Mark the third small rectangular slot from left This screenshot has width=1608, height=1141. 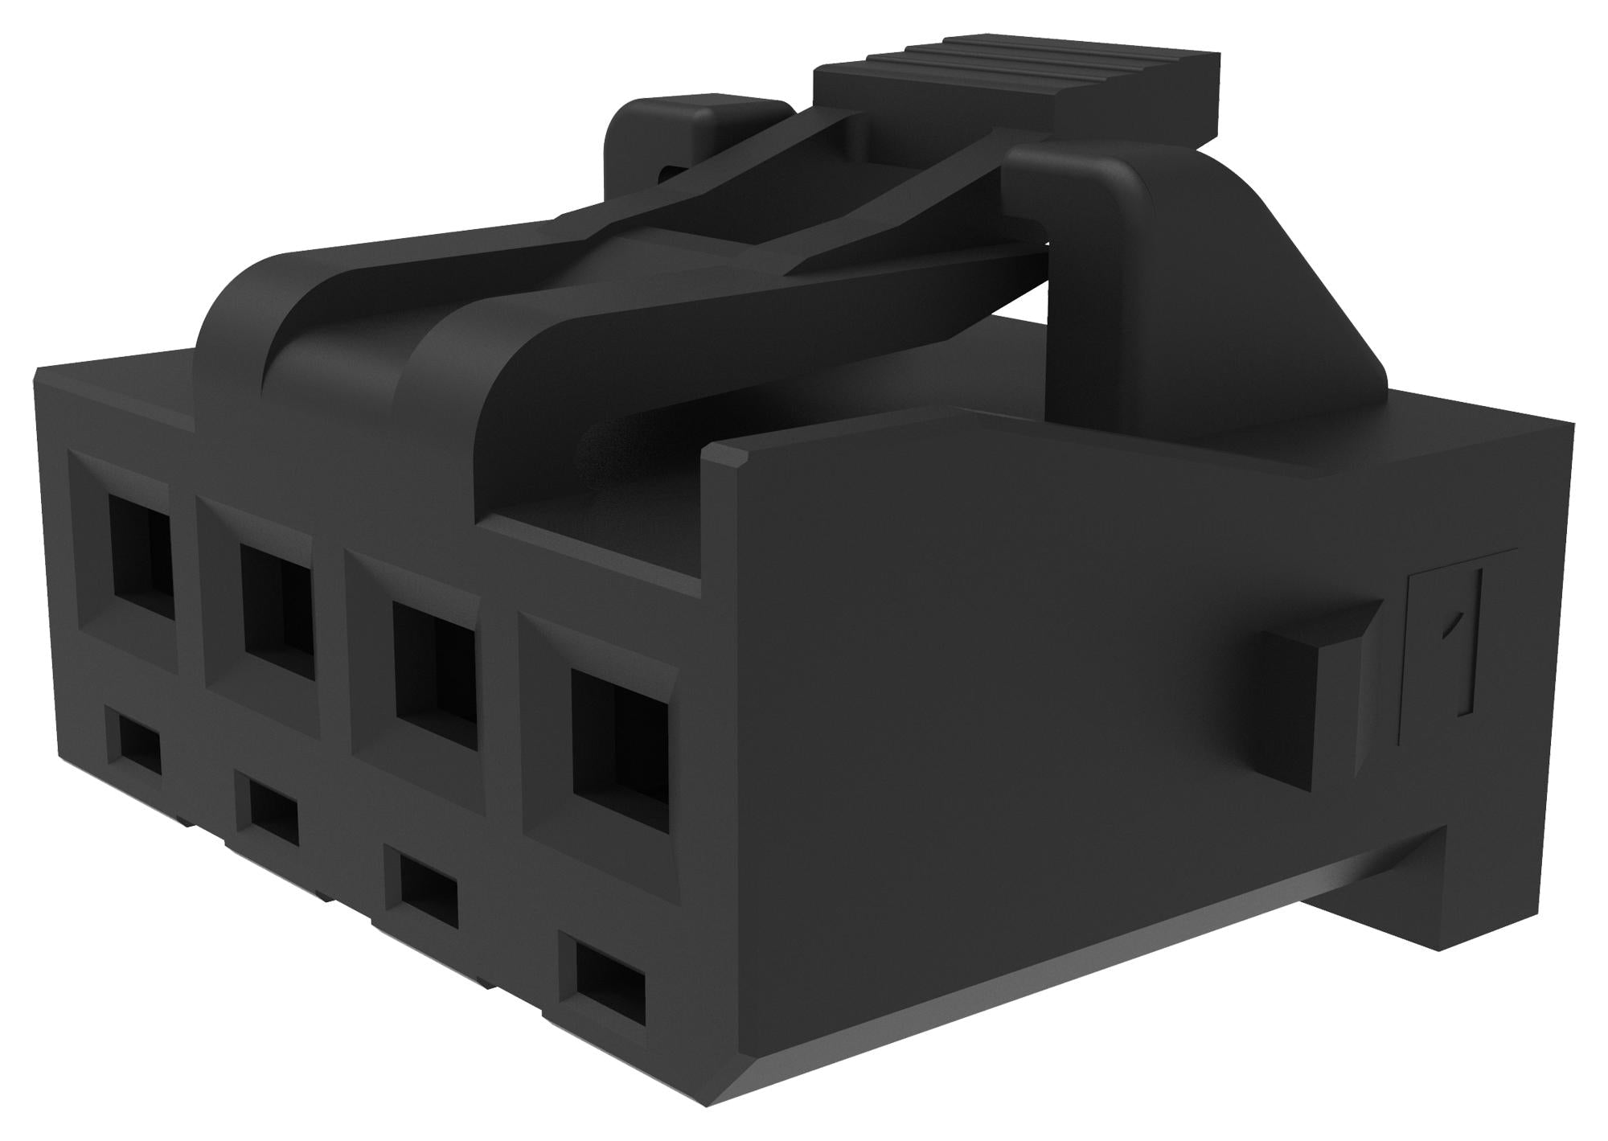[428, 889]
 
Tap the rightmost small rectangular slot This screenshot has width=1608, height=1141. [610, 977]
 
